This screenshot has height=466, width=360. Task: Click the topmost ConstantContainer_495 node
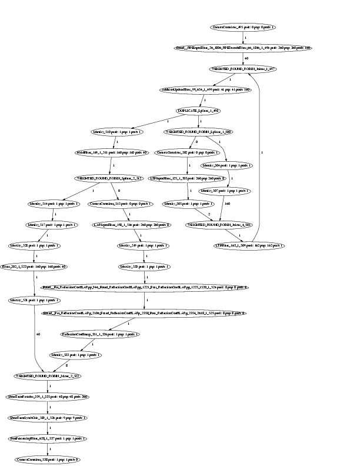tap(242, 28)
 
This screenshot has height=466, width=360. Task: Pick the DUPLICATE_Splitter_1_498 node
tap(199, 111)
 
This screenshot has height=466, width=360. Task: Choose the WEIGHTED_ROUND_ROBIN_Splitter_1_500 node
tap(199, 132)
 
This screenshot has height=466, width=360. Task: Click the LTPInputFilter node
tap(178, 177)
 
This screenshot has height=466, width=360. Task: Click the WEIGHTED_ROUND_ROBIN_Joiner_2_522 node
tap(47, 375)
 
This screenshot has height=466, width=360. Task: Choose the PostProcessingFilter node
tap(48, 438)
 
